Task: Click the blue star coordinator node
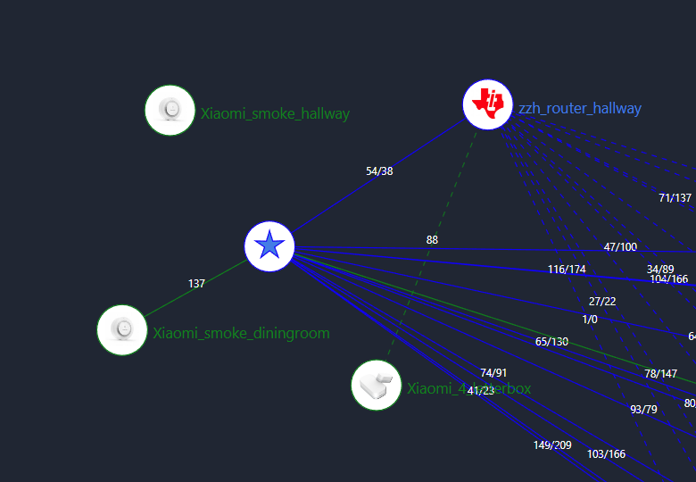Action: click(x=269, y=246)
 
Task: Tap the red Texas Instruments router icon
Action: click(x=487, y=104)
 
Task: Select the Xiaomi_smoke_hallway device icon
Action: click(x=170, y=110)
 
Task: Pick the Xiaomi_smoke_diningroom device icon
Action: click(x=122, y=329)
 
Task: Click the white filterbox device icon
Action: click(x=377, y=386)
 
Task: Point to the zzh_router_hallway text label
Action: click(x=580, y=109)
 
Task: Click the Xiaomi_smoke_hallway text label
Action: click(x=275, y=114)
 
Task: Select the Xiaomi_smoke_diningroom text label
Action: click(x=241, y=334)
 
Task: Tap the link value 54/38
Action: click(x=379, y=171)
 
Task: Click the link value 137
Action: click(x=196, y=284)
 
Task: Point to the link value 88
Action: click(x=432, y=240)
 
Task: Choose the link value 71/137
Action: click(x=675, y=198)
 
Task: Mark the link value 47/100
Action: click(x=620, y=247)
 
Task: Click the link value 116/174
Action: click(x=567, y=270)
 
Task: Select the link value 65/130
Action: click(x=551, y=342)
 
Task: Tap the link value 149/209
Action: click(x=552, y=445)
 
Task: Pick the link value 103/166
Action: click(x=606, y=454)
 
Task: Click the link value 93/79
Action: click(x=643, y=410)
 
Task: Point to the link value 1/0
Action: click(x=590, y=319)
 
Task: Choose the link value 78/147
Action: click(x=661, y=374)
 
